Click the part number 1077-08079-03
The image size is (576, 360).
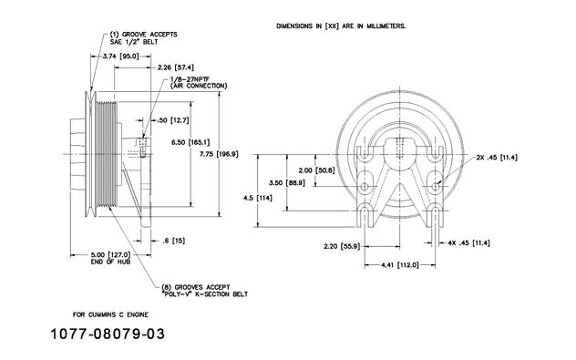click(108, 334)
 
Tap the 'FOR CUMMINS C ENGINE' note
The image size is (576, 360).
click(110, 314)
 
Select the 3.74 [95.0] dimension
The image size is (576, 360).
click(120, 57)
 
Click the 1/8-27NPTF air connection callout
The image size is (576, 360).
click(199, 83)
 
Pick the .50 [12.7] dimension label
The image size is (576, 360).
click(172, 120)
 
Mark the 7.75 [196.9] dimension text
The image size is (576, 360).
click(219, 154)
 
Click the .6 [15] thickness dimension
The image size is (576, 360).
click(174, 241)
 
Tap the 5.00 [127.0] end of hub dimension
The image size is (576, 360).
click(110, 258)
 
